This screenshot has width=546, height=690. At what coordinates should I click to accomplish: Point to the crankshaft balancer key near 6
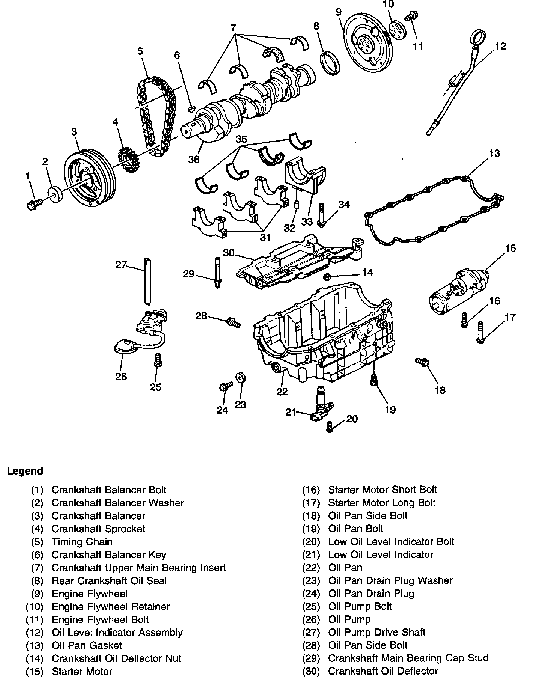(191, 109)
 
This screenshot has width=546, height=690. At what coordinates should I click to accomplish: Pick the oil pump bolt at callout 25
(157, 360)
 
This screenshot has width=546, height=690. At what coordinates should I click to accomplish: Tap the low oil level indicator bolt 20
(330, 426)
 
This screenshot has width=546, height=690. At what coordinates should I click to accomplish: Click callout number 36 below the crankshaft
(194, 159)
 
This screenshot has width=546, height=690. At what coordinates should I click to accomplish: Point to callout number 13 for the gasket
(494, 154)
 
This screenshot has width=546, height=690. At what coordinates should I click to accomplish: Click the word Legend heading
(25, 471)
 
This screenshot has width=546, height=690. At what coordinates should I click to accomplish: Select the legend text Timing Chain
(82, 542)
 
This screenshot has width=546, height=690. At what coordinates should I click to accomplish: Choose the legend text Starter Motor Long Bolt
(382, 503)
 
